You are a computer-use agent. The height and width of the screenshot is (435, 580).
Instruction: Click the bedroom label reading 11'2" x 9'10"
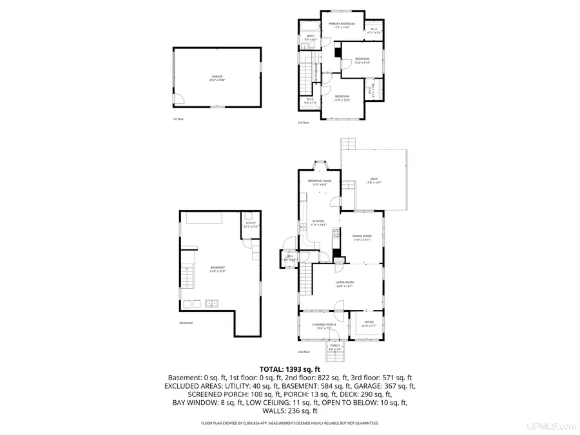click(362, 61)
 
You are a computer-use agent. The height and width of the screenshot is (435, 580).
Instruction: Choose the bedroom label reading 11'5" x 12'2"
click(342, 98)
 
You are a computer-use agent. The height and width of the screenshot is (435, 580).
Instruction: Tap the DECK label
click(374, 180)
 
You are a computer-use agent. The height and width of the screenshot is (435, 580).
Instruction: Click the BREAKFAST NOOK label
click(319, 182)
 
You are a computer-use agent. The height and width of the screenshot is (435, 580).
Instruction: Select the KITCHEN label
click(319, 223)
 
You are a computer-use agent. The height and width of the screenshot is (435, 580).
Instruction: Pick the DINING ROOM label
click(362, 238)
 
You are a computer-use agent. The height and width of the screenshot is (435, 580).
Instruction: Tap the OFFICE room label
click(369, 324)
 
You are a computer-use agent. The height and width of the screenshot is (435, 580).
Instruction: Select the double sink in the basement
click(211, 303)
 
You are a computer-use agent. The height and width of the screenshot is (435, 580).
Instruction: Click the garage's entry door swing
click(180, 99)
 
